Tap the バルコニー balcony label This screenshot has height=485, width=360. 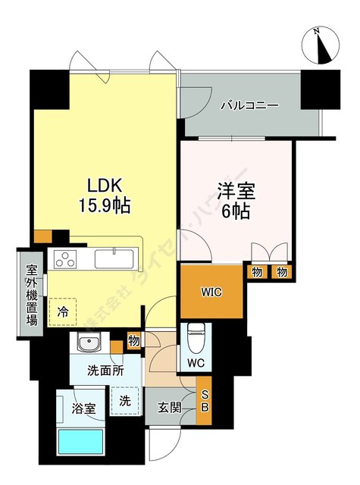coord(248,105)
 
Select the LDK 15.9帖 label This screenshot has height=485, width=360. coord(103,195)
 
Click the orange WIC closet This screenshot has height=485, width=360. coord(211,291)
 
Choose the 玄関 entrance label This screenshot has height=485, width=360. coord(171,408)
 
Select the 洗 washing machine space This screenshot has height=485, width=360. coord(125,400)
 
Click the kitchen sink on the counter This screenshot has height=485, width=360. coord(114,258)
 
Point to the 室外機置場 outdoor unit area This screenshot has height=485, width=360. coord(32,293)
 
